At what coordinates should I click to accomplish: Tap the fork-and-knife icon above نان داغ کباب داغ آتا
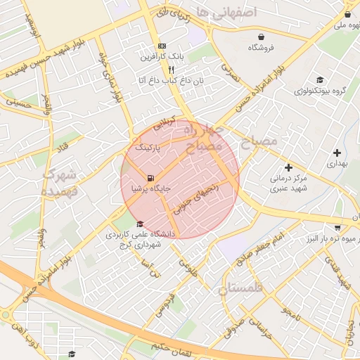pyautogui.click(x=170, y=70)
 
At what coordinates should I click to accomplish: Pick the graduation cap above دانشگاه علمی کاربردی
pyautogui.click(x=140, y=224)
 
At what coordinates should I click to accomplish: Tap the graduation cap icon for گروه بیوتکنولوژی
pyautogui.click(x=320, y=79)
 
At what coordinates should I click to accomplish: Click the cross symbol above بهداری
pyautogui.click(x=337, y=152)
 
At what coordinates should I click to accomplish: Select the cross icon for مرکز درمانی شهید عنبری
pyautogui.click(x=288, y=167)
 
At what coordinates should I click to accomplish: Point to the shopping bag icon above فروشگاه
pyautogui.click(x=262, y=36)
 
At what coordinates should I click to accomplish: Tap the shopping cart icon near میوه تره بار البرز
pyautogui.click(x=338, y=227)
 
